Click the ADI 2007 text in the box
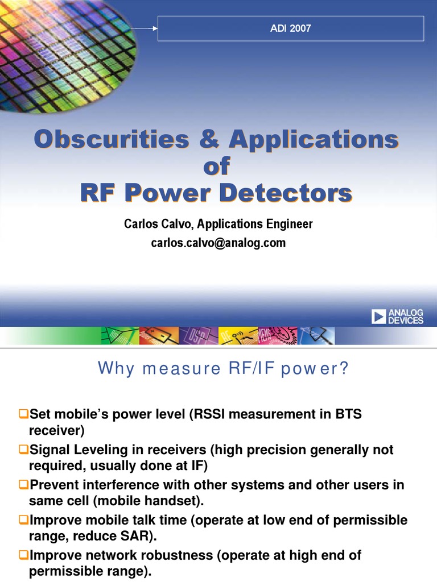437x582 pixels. click(x=291, y=28)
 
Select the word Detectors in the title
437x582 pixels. click(x=286, y=193)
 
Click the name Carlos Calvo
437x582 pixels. click(x=156, y=224)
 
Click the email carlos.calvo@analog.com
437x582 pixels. click(x=218, y=243)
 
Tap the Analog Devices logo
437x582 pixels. click(x=398, y=316)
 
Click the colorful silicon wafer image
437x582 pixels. click(x=63, y=51)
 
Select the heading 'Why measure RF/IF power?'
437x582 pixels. click(x=222, y=369)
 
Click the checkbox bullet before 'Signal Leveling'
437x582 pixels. click(x=23, y=450)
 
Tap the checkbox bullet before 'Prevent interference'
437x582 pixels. click(x=23, y=485)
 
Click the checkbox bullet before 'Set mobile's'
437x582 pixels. click(x=23, y=415)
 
